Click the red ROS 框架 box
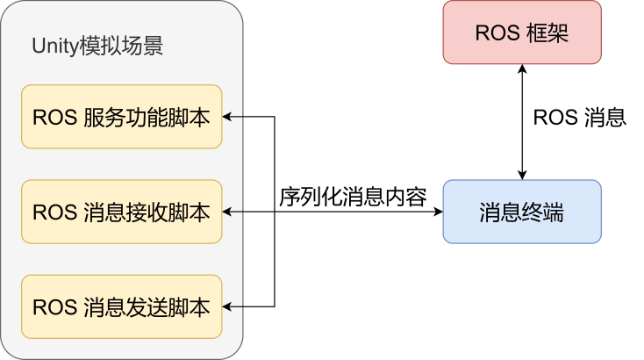[x=522, y=32]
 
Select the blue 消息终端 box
[x=522, y=212]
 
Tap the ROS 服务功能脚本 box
[x=121, y=117]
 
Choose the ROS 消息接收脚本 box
[x=121, y=212]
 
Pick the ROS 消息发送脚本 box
[x=121, y=306]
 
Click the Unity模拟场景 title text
[x=97, y=47]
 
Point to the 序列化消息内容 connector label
[x=353, y=197]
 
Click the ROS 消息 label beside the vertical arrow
[x=580, y=118]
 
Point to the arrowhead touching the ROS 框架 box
[x=522, y=69]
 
